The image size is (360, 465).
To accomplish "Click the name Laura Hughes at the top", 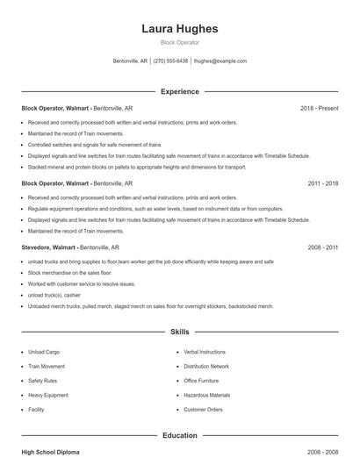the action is click(x=179, y=29).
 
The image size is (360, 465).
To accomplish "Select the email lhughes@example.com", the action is click(x=220, y=61).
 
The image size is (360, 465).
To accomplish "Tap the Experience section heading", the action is click(x=179, y=91).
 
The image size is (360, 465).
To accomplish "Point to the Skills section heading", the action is click(x=179, y=333).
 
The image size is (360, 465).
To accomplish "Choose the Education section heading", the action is click(x=179, y=435).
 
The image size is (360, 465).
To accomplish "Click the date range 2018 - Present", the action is click(x=319, y=108).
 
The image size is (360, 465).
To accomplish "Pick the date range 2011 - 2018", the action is click(x=322, y=184).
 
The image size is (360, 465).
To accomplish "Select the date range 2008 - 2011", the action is click(x=322, y=249).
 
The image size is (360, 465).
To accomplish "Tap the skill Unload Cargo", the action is click(x=45, y=352).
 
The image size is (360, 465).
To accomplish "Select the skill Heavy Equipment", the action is click(x=47, y=395).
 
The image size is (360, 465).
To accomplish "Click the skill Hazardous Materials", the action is click(x=207, y=395).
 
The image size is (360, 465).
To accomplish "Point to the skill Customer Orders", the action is click(x=204, y=410).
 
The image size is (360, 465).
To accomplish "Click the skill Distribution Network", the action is click(x=206, y=366).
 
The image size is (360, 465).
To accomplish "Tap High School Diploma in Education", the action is click(x=50, y=452).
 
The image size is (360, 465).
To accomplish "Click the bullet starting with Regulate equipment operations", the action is click(x=143, y=209).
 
